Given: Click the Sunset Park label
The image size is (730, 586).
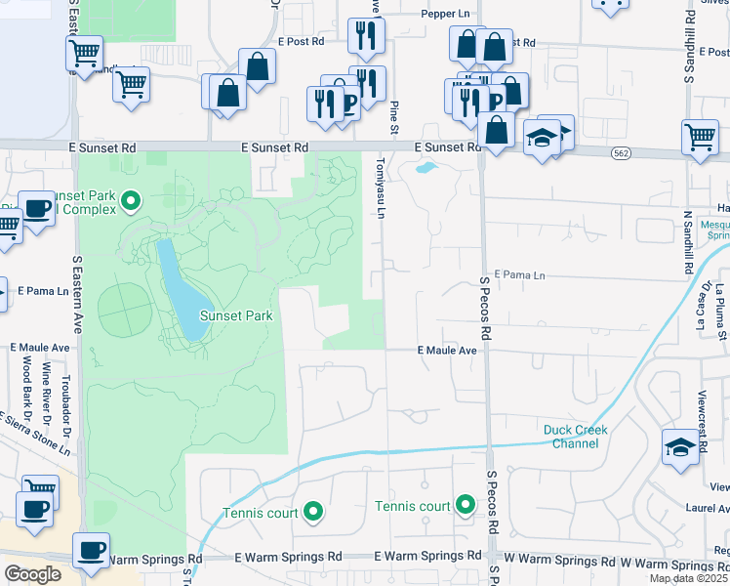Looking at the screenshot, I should [x=236, y=315].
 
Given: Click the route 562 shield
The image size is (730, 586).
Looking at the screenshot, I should [x=622, y=153].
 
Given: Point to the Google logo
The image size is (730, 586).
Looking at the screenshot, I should [x=32, y=574].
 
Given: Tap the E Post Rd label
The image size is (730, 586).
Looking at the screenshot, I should [x=300, y=42].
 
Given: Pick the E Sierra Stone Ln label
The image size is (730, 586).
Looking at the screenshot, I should [x=35, y=433].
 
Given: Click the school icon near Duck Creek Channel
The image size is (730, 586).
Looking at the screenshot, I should [x=679, y=446].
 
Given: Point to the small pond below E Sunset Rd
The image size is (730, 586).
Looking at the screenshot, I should [x=426, y=167].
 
